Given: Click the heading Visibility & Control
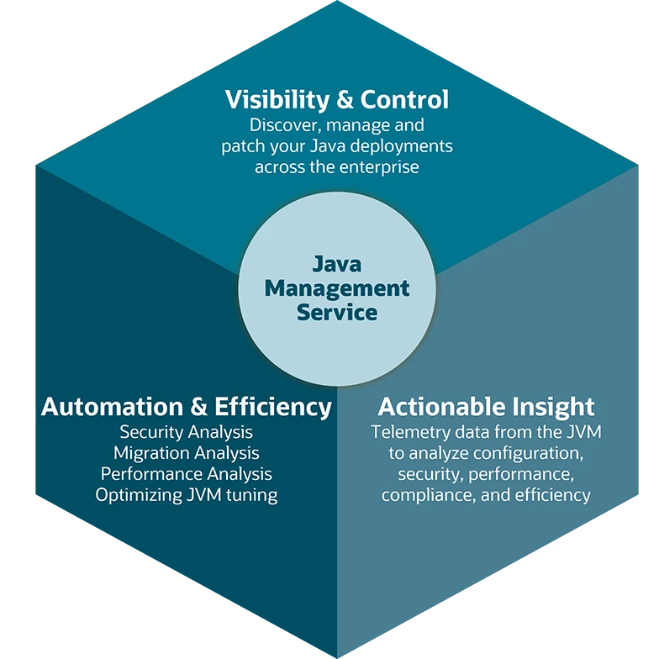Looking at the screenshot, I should point(336,100).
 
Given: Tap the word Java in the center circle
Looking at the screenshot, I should point(337,264).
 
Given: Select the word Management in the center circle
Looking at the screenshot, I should point(337,288).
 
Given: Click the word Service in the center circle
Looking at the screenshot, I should point(337,313).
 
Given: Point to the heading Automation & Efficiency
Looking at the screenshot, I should point(186,408).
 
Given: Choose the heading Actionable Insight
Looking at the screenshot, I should point(486,408).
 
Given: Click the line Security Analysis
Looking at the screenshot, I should point(186,432).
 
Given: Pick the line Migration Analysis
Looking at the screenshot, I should point(186,453).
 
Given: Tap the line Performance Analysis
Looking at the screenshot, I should point(186,474).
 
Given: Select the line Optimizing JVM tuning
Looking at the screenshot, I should point(186,495).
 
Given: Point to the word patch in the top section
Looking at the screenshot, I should point(244,147).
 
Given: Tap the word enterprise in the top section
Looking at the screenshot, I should point(378,167).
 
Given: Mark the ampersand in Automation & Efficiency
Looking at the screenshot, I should point(198,408).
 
